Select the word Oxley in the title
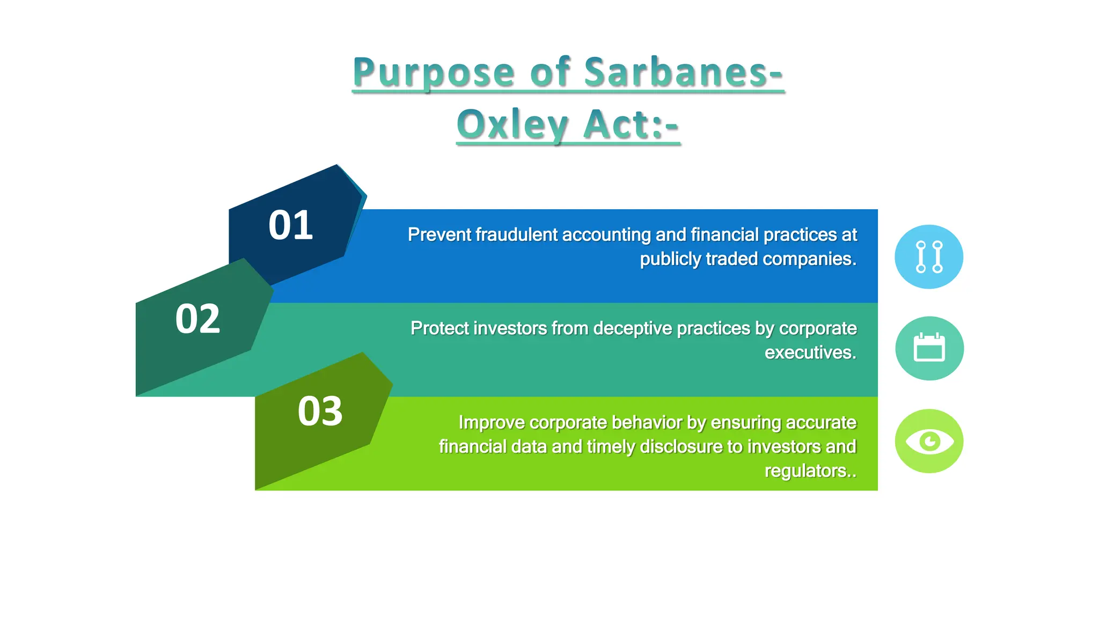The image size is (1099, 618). (512, 124)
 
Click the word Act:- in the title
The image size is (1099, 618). (631, 124)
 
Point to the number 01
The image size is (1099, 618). (290, 225)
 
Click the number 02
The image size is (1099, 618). (197, 319)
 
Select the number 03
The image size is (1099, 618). (320, 411)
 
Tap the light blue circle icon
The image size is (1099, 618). (929, 257)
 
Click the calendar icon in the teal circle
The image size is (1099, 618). (929, 348)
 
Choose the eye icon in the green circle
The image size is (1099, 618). (929, 441)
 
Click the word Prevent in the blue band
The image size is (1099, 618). (439, 235)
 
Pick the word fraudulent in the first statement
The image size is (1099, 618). (516, 235)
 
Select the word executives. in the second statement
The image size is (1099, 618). (810, 352)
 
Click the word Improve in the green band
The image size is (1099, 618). (492, 423)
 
